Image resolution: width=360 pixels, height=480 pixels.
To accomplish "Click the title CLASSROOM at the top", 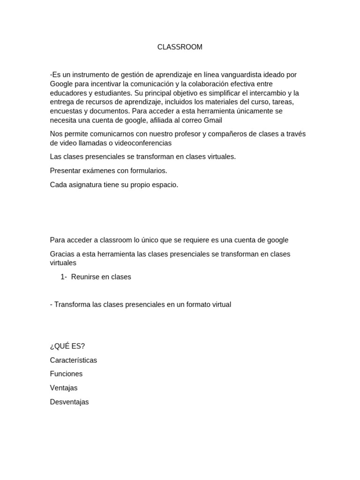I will tap(180, 47).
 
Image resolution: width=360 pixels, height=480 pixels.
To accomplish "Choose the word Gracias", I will tap(62, 254).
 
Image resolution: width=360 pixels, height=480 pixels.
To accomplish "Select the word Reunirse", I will tap(85, 277).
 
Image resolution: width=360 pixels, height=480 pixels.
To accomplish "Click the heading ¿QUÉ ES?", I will tap(67, 346).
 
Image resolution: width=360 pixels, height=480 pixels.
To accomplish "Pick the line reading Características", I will tap(74, 360).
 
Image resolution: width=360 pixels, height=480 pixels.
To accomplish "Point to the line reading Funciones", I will tap(66, 374).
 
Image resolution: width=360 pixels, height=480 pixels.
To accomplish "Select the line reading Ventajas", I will tap(64, 388).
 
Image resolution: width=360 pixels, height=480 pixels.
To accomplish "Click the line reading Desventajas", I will tap(69, 402).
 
